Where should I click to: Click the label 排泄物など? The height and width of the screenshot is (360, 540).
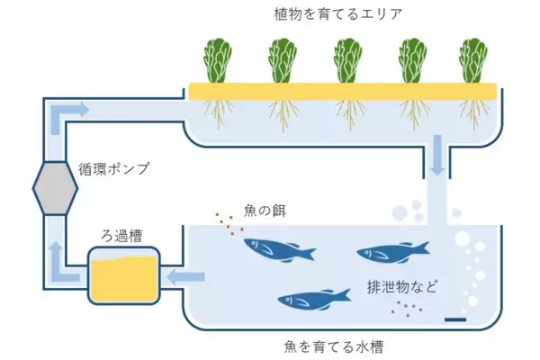(401, 288)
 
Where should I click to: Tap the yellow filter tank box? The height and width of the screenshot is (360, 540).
(123, 276)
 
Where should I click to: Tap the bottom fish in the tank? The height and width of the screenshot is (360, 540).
(313, 298)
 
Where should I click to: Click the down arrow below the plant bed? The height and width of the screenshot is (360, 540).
(436, 156)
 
